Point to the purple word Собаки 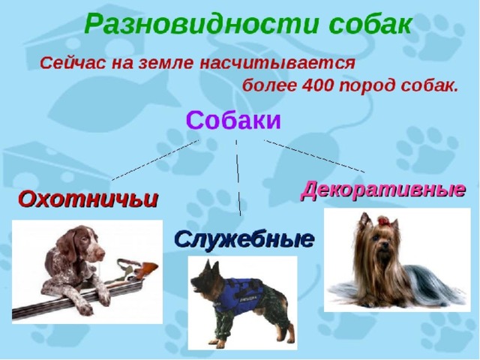pyautogui.click(x=233, y=121)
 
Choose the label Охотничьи pyautogui.click(x=88, y=199)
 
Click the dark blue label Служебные pyautogui.click(x=244, y=239)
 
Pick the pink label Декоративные pyautogui.click(x=383, y=190)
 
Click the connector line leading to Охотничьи pyautogui.click(x=155, y=160)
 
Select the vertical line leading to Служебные pyautogui.click(x=238, y=178)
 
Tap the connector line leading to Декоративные pyautogui.click(x=314, y=156)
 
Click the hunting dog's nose pyautogui.click(x=101, y=255)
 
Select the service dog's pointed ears pyautogui.click(x=208, y=266)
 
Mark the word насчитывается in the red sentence pyautogui.click(x=277, y=64)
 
